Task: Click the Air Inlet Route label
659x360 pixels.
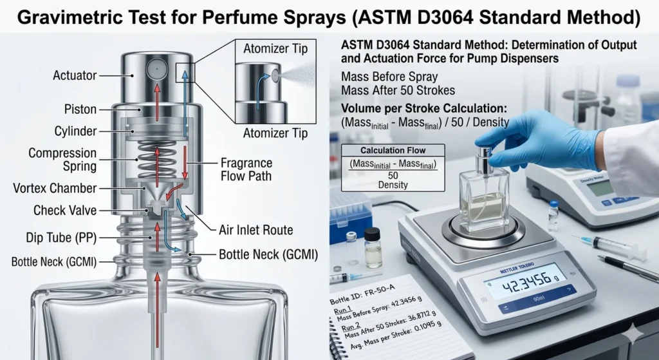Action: [252, 230]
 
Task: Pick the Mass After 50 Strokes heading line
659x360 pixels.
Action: [399, 90]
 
